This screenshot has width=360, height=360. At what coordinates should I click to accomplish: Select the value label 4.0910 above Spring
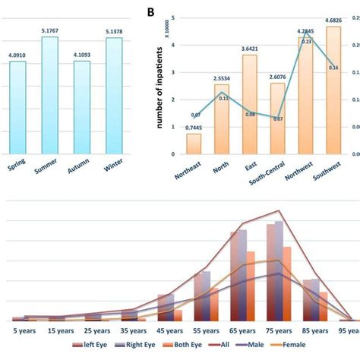tap(17, 55)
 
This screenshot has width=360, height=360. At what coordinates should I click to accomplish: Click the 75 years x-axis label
tap(279, 330)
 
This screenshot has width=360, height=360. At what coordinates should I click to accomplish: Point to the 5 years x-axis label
tap(24, 330)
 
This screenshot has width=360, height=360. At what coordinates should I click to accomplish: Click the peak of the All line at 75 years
tap(279, 211)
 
